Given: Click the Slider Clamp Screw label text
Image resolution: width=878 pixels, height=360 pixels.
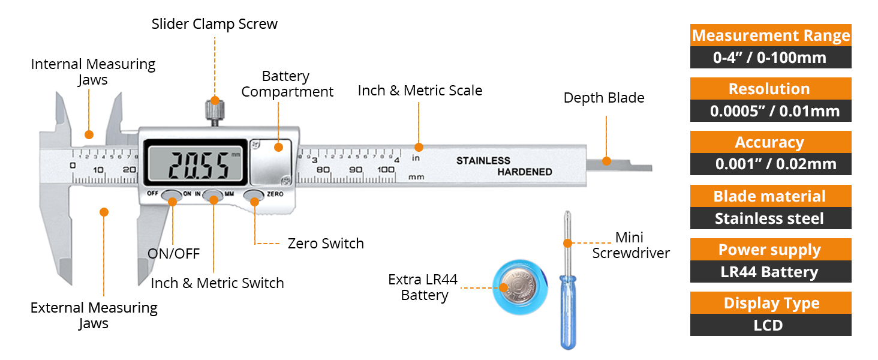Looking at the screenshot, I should pos(214,24).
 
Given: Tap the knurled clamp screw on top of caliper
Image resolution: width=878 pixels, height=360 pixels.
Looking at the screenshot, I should pos(214,110).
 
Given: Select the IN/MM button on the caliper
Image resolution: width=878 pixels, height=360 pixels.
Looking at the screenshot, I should pos(213,195).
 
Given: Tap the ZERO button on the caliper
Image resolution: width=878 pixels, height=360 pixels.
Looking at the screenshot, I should pos(254,195).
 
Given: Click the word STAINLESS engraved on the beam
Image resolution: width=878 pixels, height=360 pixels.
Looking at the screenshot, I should pos(483,161).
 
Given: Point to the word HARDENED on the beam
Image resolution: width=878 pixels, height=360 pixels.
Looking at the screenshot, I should pos(524,172).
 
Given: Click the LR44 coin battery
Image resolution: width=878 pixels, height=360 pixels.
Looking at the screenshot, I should pos(518,287).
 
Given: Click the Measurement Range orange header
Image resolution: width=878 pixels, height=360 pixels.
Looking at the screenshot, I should pos(771,35).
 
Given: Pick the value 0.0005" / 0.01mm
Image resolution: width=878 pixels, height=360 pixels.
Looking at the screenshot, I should pos(771,111).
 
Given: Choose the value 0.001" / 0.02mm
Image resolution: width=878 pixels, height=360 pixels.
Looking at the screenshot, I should pos(771,164).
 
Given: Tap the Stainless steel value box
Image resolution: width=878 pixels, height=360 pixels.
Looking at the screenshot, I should pos(771,218).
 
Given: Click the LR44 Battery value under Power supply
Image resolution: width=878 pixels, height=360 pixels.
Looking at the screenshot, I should pos(771,272).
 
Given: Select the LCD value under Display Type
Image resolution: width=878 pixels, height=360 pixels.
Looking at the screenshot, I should pos(771,325).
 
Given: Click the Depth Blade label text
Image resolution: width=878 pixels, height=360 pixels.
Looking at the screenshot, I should pos(603,98).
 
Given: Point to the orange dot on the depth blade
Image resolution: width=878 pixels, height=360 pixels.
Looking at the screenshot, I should pos(606,161).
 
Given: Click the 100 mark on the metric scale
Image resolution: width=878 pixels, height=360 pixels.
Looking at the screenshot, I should pos(386,170).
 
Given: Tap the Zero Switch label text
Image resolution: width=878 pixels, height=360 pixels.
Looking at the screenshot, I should pos(326,244).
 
